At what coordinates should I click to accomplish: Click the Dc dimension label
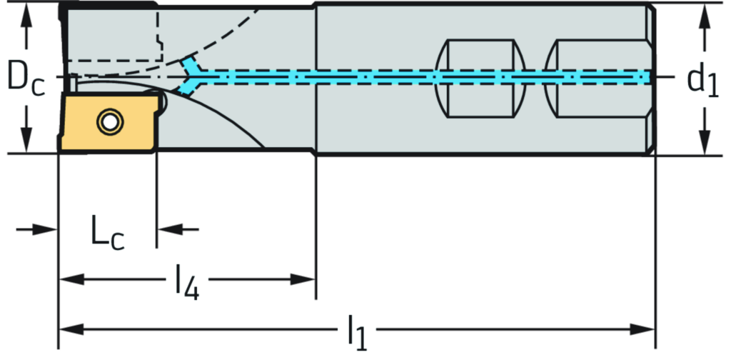pos(26,76)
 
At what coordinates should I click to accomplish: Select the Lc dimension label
pos(107,230)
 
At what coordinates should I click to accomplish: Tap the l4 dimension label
pos(187,279)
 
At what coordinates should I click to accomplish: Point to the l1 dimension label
pos(356,330)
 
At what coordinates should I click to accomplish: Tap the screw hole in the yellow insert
pos(109,122)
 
